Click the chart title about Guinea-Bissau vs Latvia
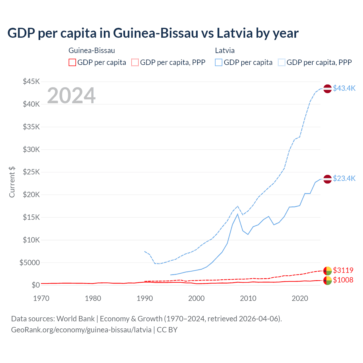coord(153,33)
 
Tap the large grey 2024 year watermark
coord(71,96)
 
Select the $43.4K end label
coord(344,88)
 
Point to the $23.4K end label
coord(344,178)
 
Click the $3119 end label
coord(343,270)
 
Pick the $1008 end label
coord(343,280)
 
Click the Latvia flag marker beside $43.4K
coord(328,88)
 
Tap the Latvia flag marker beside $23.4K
coord(328,179)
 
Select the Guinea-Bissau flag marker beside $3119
coord(328,271)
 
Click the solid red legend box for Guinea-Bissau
coord(72,62)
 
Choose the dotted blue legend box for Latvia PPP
coord(282,62)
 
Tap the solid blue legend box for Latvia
coord(219,62)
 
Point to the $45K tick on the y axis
coord(31,82)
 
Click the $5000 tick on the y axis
coord(29,263)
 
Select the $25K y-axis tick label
coord(31,172)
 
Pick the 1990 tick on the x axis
coord(145,298)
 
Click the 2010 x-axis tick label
coord(248,298)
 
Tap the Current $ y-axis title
coord(12,182)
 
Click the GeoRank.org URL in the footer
coord(81,330)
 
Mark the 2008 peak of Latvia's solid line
coord(238,214)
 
